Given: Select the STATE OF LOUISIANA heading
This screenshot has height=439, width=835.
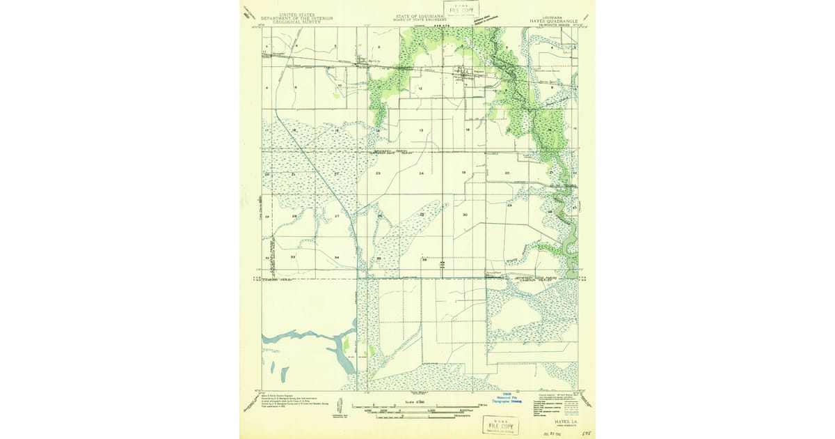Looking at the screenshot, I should click(420, 16).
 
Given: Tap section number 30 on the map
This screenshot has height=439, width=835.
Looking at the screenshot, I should click(464, 215).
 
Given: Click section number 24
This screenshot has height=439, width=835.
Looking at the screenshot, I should click(421, 173).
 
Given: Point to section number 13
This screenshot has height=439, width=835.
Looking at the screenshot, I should click(421, 131).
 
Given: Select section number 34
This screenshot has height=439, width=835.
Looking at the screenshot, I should click(337, 258).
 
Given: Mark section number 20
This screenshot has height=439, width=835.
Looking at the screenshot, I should click(507, 173).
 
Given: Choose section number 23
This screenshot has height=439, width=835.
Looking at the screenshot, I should click(378, 173).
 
